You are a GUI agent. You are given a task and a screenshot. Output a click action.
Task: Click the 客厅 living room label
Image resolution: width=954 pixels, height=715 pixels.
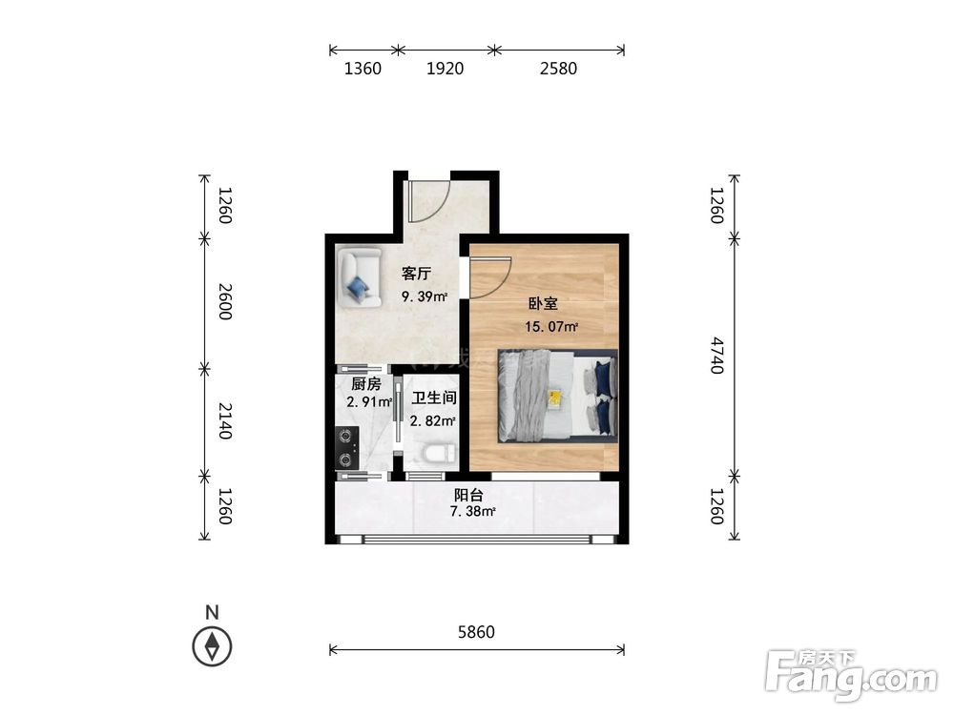pos(416,274)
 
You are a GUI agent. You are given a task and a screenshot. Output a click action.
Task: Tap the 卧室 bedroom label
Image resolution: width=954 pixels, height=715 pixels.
pos(543,303)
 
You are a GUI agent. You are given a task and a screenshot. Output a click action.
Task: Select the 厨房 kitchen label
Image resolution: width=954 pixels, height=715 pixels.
pos(366,384)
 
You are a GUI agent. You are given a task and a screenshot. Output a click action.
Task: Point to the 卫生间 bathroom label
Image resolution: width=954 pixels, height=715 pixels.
pos(434,398)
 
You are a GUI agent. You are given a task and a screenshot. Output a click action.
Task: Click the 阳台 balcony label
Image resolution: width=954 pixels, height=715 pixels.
pos(468,495)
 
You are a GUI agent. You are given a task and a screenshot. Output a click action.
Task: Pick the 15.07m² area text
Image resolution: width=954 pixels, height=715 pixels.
pos(551,326)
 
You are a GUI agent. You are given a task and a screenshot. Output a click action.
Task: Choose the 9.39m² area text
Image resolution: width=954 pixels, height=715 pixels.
pos(425,296)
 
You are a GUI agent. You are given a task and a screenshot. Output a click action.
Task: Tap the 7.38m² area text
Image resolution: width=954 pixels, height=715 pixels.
pos(473,511)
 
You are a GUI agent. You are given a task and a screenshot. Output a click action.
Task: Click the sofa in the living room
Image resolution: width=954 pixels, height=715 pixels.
pos(360,276)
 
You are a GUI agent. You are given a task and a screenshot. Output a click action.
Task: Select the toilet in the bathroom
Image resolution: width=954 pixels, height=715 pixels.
pos(438,453)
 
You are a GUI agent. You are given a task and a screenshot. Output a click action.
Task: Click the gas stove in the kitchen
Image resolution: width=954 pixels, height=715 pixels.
pos(347,447)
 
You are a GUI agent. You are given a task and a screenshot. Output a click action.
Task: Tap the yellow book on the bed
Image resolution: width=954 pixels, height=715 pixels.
pos(555,398)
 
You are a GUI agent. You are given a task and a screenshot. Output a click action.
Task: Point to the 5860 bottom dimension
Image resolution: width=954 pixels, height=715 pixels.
pos(476,632)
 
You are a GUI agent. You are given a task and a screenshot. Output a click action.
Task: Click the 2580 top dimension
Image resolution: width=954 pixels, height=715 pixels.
pos(558,68)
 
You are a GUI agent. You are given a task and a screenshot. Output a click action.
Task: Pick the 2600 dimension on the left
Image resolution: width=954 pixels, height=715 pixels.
pos(225,301)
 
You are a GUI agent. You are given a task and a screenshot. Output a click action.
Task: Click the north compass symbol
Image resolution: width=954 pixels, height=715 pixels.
pos(212,645)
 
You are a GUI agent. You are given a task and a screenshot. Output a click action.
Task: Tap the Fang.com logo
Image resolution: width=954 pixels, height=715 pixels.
pos(851,675)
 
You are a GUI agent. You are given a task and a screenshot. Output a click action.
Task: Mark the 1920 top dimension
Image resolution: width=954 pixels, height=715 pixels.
pos(445,68)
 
